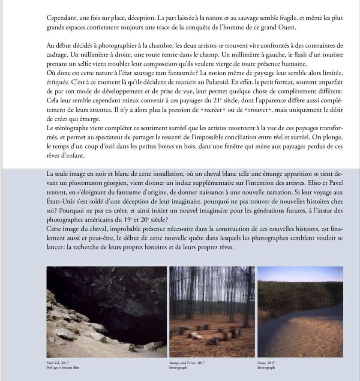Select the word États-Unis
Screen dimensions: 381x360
[x=63, y=201]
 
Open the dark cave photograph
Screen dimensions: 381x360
[x=107, y=312]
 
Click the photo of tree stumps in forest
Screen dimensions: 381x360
[x=212, y=312]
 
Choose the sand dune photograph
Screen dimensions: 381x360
[x=300, y=312]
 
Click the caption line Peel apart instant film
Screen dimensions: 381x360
[x=63, y=368]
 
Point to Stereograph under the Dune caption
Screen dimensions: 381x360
[x=266, y=368]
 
